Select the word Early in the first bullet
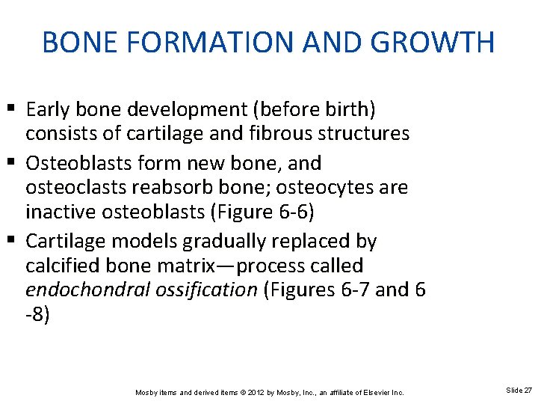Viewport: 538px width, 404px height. click(47, 110)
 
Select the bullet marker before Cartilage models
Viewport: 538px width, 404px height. click(14, 241)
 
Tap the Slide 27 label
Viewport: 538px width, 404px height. click(519, 391)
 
